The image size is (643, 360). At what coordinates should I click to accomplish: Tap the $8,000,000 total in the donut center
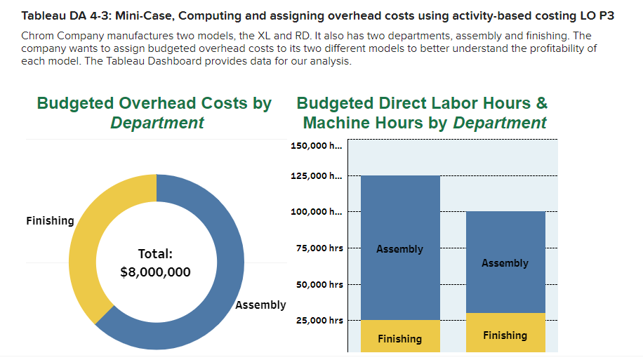(155, 272)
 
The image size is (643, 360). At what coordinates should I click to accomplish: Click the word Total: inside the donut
(155, 253)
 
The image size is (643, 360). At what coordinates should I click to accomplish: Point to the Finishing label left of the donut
(50, 221)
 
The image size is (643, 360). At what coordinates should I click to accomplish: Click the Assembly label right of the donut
(260, 305)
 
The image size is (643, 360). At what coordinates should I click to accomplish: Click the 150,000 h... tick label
(316, 146)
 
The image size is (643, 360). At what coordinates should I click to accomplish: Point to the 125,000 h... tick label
(316, 175)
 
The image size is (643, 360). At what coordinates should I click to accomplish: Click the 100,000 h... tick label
(316, 212)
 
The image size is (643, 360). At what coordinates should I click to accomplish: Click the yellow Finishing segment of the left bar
(400, 337)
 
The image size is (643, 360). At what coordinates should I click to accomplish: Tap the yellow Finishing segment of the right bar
(505, 333)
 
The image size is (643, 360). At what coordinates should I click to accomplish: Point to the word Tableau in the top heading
(44, 15)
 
